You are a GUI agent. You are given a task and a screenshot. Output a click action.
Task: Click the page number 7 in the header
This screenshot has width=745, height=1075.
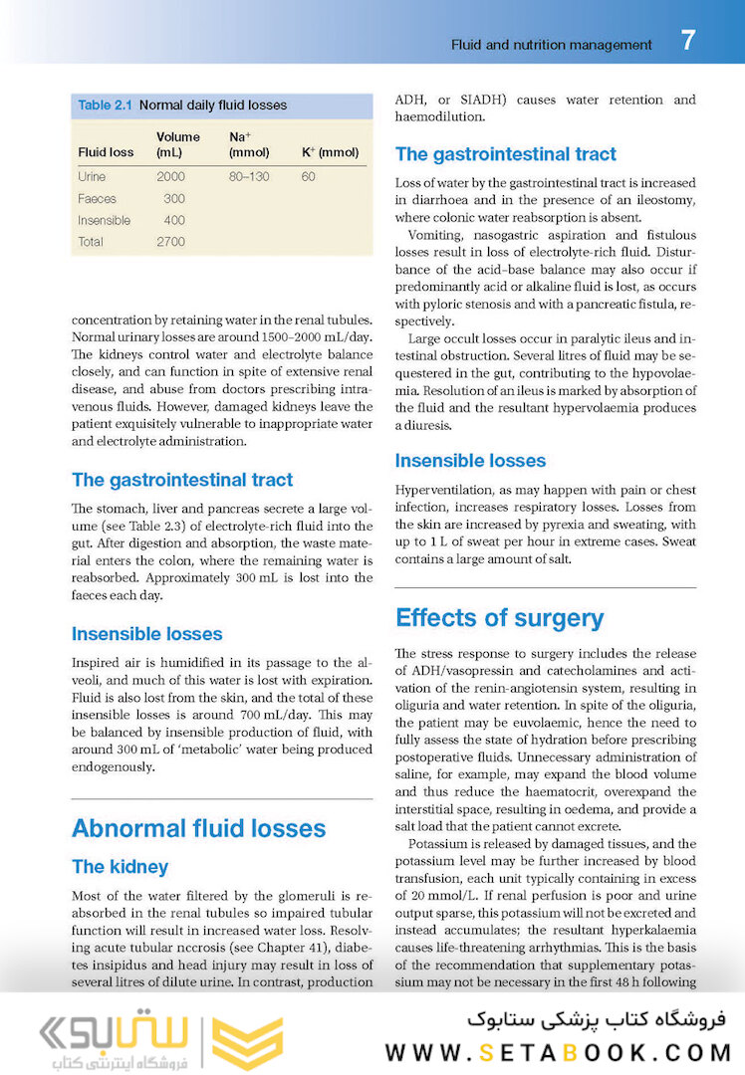(688, 42)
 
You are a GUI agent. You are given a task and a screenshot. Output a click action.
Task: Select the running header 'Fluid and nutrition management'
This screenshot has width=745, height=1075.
(552, 45)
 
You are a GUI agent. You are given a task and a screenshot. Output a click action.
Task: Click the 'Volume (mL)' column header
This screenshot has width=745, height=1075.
(177, 144)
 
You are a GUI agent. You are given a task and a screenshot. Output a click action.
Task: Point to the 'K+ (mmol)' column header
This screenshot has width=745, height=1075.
(330, 152)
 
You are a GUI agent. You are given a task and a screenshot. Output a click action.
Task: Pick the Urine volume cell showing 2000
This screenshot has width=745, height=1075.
(170, 176)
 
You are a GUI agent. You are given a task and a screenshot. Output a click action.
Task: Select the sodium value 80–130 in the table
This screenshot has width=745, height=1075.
(249, 176)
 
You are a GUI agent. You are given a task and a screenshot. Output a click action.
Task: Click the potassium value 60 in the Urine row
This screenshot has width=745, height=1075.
(308, 176)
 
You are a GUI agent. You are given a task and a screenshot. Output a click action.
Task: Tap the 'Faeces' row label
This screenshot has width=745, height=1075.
(97, 198)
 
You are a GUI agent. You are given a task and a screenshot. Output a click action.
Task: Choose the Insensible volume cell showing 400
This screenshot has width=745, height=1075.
(173, 220)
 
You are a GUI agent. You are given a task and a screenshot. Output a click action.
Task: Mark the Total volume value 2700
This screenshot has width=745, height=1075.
(170, 242)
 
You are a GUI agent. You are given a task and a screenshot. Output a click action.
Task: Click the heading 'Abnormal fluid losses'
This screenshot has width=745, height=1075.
(198, 828)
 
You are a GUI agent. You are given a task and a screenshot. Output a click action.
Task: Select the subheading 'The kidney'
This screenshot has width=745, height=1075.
(120, 867)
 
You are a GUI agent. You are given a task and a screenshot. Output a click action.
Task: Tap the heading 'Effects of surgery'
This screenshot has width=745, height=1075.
(499, 617)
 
